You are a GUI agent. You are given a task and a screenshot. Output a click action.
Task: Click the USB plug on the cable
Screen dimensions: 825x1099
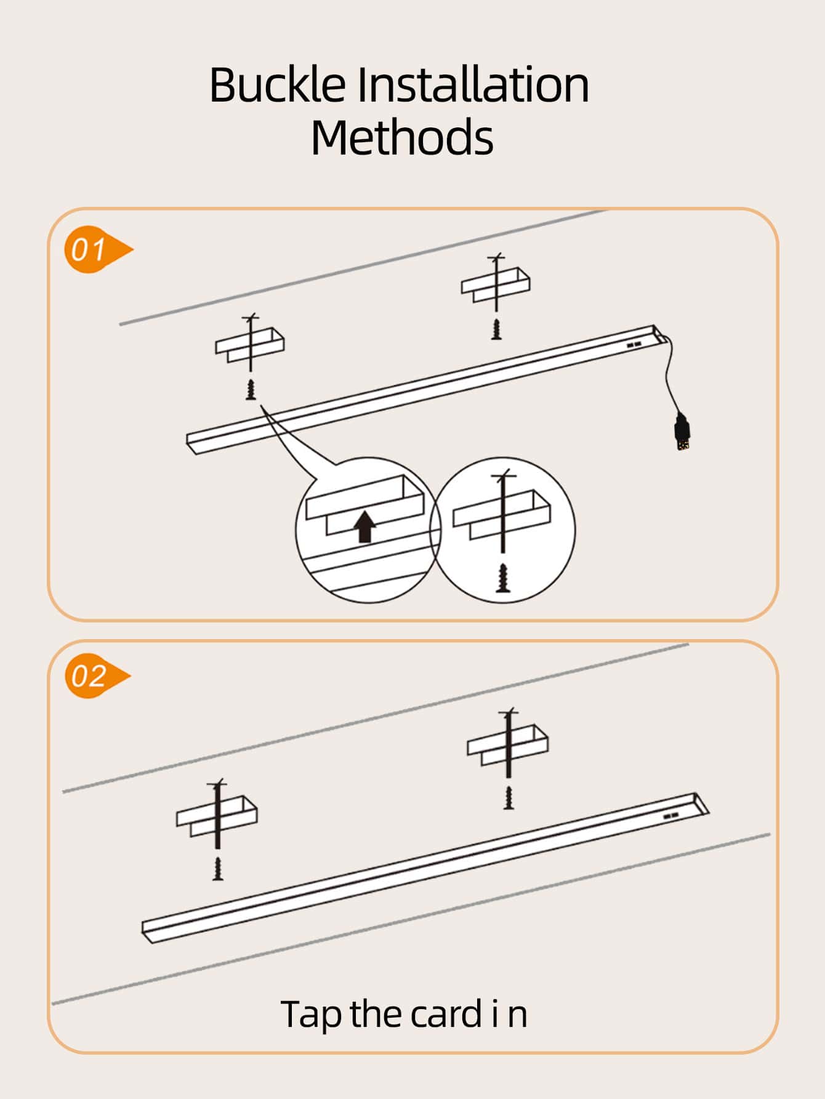coord(681,432)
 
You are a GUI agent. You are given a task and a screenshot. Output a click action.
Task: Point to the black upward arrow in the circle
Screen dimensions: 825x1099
coord(366,526)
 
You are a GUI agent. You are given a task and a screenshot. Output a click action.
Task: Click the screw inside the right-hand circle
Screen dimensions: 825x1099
coord(503,577)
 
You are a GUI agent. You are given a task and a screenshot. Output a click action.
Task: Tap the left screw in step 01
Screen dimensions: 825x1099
coord(251,390)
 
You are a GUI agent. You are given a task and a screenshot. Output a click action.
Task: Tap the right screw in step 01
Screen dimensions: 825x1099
coord(496,329)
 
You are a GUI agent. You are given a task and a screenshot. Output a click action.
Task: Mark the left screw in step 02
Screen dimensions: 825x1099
coord(217,868)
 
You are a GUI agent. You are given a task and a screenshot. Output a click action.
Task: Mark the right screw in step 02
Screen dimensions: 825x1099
coord(509,797)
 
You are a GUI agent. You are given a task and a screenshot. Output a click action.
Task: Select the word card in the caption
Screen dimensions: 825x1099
coord(445,1014)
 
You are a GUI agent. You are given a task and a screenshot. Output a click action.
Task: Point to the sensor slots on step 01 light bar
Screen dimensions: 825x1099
coord(634,345)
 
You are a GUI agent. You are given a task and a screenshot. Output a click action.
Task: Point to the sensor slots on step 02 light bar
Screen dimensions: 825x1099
coord(671,816)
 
